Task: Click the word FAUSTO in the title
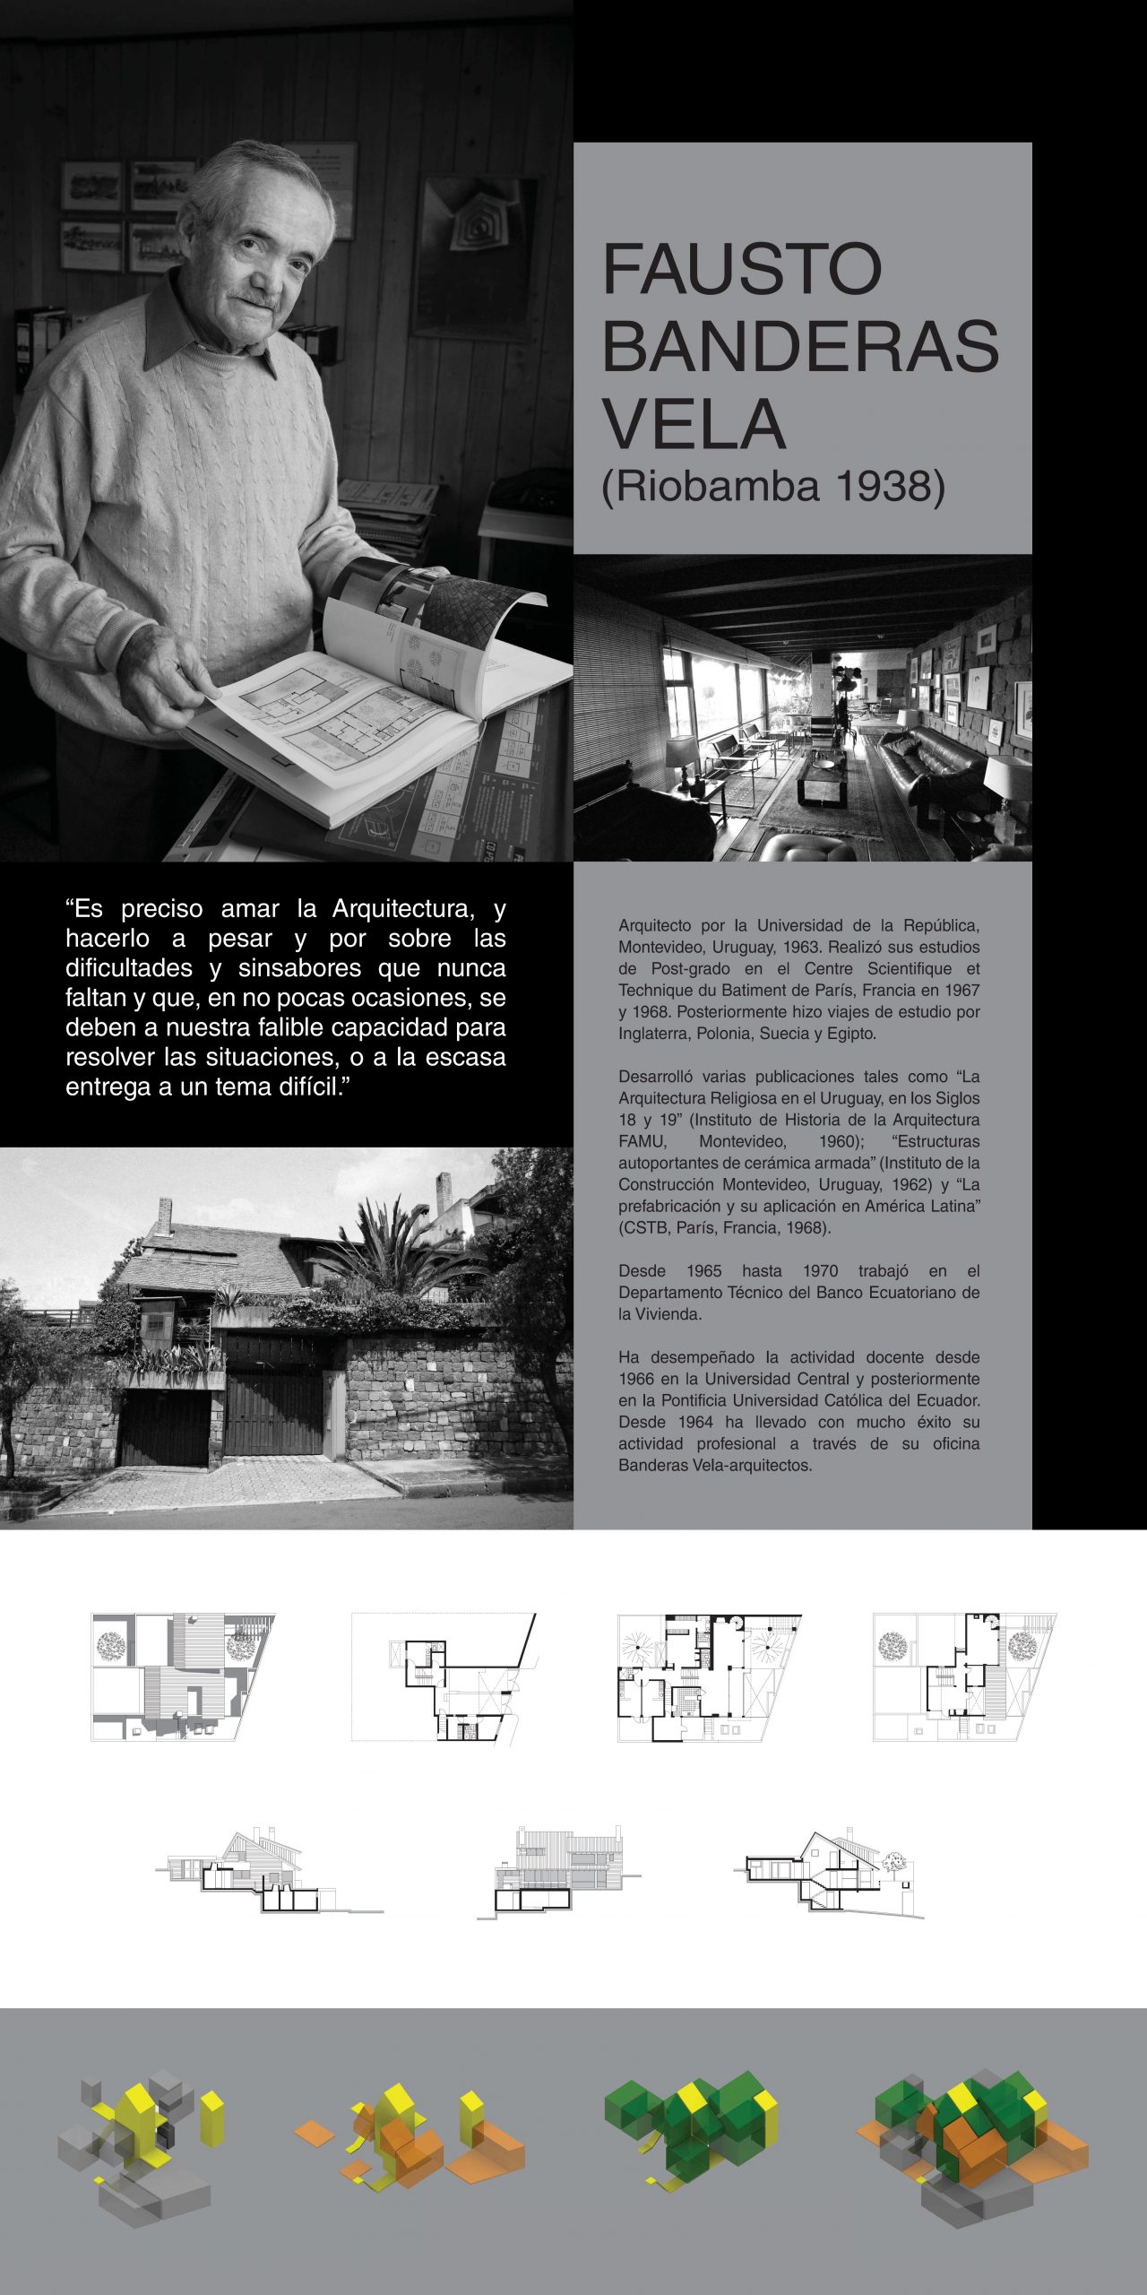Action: coord(742,269)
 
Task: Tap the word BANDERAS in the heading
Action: coord(800,347)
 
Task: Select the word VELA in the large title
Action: coord(694,424)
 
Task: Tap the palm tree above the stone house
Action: coord(394,1246)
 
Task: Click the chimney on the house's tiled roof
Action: coord(164,1217)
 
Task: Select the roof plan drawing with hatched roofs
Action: coord(182,1677)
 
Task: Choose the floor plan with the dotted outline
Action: coord(444,1677)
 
